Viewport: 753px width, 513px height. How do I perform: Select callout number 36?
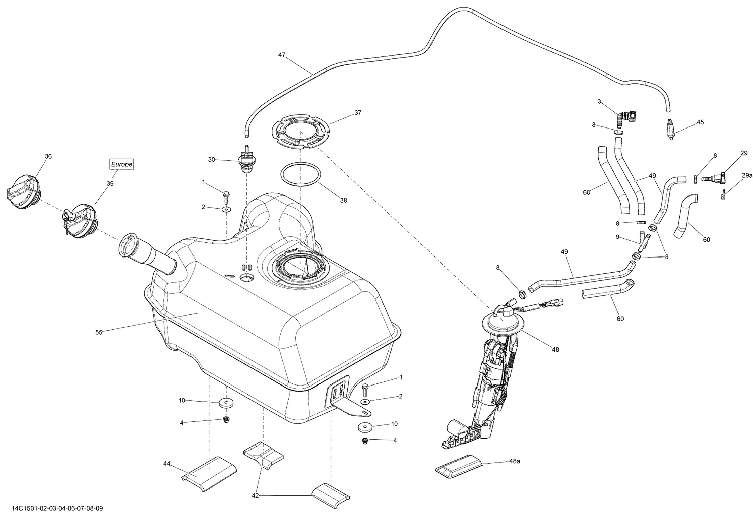point(48,156)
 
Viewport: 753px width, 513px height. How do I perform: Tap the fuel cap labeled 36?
point(22,193)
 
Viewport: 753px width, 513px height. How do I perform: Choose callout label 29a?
point(747,175)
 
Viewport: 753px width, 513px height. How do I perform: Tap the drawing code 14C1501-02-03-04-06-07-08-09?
point(53,508)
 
